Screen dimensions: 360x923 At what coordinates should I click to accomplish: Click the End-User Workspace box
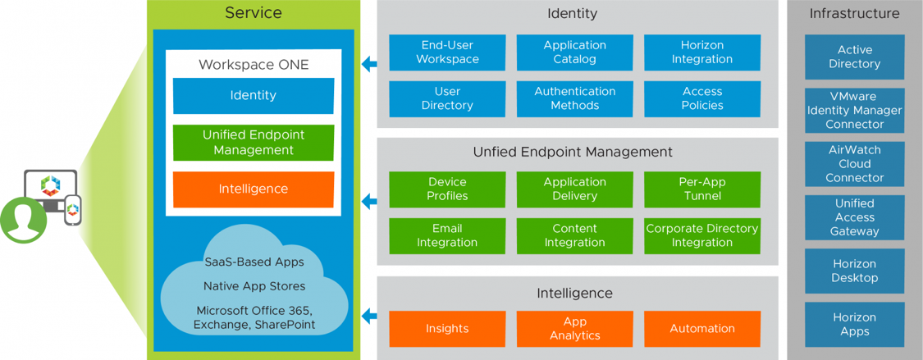pos(447,52)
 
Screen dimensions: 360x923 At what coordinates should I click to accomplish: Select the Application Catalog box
pos(574,52)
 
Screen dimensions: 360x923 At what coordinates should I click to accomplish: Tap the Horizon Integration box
pos(701,52)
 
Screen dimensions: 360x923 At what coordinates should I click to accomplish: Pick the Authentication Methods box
pos(574,98)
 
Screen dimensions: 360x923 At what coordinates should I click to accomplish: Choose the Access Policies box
pos(701,98)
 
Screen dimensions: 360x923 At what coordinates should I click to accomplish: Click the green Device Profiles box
pos(447,189)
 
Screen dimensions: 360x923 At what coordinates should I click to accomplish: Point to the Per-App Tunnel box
pos(701,189)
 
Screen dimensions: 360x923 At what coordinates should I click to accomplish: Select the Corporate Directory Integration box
pos(701,235)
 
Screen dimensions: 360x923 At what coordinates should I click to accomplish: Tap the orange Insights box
pos(447,329)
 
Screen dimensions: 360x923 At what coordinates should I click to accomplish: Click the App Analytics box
pos(574,329)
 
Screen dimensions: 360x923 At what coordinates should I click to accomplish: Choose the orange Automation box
pos(701,329)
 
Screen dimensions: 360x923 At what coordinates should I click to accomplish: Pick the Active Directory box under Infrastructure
pos(854,57)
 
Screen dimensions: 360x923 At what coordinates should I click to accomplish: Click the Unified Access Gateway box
pos(854,217)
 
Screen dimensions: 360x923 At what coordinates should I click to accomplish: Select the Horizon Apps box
pos(854,324)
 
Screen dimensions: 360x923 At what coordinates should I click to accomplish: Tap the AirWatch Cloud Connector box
pos(854,164)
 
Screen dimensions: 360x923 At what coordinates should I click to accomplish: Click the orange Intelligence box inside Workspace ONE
pos(253,189)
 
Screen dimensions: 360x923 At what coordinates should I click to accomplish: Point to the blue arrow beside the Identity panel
pos(369,64)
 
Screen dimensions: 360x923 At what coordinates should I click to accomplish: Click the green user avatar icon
pos(24,220)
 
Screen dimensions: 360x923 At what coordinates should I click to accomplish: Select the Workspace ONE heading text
pos(253,65)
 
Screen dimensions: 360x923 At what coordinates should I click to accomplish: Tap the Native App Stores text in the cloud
pos(254,286)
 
